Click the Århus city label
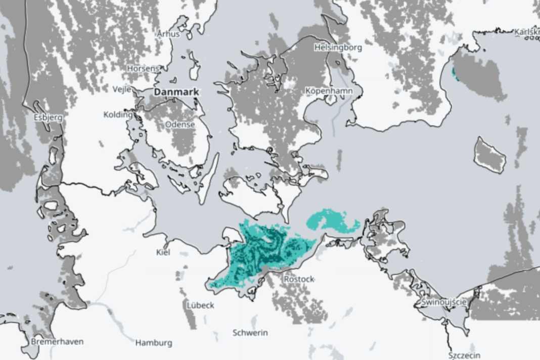pyautogui.click(x=168, y=34)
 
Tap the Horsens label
pyautogui.click(x=143, y=68)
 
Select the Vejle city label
pyautogui.click(x=122, y=89)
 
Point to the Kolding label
pyautogui.click(x=118, y=115)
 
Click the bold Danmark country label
pyautogui.click(x=176, y=92)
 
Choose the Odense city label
pyautogui.click(x=180, y=124)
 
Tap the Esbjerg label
pyautogui.click(x=48, y=117)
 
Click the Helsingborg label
pyautogui.click(x=338, y=48)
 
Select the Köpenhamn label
pyautogui.click(x=329, y=90)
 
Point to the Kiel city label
pyautogui.click(x=163, y=252)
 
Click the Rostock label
pyautogui.click(x=299, y=279)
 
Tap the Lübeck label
pyautogui.click(x=200, y=305)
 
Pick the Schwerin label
pyautogui.click(x=250, y=333)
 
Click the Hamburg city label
pyautogui.click(x=154, y=343)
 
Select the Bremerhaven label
pyautogui.click(x=57, y=342)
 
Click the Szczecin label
pyautogui.click(x=464, y=355)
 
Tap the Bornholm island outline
pyautogui.click(x=489, y=155)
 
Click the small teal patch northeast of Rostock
pyautogui.click(x=332, y=220)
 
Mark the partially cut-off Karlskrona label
pyautogui.click(x=527, y=32)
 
